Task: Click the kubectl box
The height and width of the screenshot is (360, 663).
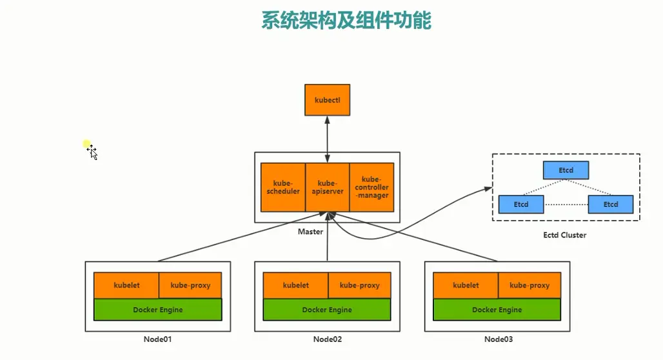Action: [x=327, y=100]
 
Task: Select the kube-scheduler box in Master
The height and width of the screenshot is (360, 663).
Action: [x=283, y=187]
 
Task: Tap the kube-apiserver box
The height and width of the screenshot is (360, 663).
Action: [x=327, y=187]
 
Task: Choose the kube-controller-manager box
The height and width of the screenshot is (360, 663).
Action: [x=371, y=187]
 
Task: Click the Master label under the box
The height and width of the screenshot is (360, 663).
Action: [x=310, y=232]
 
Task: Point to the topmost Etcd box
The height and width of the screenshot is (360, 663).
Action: [x=566, y=170]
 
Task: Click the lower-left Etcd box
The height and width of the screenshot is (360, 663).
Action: [x=521, y=205]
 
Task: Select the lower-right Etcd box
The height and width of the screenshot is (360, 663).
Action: [x=611, y=205]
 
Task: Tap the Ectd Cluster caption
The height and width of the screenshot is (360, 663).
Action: [x=565, y=235]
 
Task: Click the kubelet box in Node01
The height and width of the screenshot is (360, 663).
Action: [x=126, y=285]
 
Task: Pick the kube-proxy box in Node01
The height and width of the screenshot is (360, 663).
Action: [x=190, y=285]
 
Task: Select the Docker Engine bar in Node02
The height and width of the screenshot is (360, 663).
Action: [x=327, y=310]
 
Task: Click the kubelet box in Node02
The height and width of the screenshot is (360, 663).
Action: [x=296, y=285]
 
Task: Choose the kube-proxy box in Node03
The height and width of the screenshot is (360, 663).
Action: [x=529, y=285]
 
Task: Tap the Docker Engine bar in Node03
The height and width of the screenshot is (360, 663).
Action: [x=497, y=310]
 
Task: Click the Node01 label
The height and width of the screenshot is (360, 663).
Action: [x=157, y=339]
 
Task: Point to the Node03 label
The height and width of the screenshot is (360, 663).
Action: [x=498, y=339]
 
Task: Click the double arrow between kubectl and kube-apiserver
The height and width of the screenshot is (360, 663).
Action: [x=328, y=139]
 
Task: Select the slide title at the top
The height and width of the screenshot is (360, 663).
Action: [x=346, y=20]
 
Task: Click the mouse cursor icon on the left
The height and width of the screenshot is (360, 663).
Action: [x=93, y=153]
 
